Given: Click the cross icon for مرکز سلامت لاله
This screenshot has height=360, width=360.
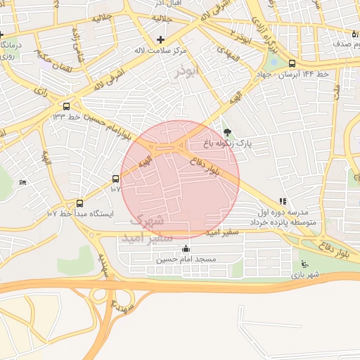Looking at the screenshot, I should [x=161, y=39].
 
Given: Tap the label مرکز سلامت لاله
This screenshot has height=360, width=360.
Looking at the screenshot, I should [x=161, y=51].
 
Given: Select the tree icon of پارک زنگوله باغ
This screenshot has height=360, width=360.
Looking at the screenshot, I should [x=226, y=131].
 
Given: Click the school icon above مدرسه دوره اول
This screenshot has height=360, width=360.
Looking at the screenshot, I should [x=283, y=200].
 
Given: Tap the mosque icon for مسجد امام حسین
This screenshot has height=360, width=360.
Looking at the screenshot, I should [x=186, y=248].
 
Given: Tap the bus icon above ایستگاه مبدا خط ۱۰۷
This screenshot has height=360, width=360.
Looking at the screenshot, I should [x=79, y=201].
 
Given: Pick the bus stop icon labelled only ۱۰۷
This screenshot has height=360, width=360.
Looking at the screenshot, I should [x=116, y=179].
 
